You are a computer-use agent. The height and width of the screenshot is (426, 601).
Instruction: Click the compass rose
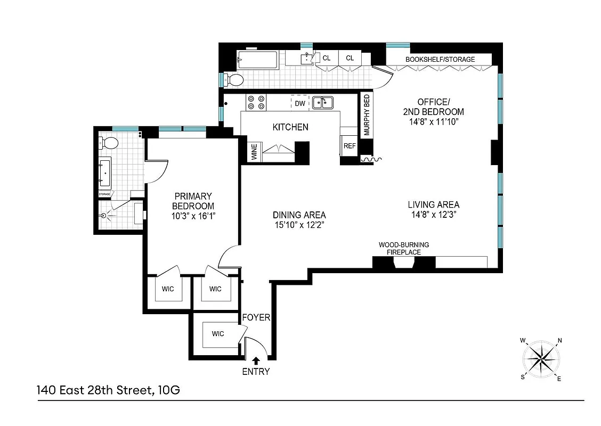541,359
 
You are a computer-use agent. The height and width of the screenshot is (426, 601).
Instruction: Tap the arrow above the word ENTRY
257,361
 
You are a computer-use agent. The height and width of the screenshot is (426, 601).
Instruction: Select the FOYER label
256,318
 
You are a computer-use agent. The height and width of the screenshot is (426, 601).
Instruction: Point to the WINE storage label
254,152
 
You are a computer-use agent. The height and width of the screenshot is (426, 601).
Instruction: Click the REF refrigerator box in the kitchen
350,146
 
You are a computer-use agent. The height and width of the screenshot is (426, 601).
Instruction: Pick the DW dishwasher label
300,103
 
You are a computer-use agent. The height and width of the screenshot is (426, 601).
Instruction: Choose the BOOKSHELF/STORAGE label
440,59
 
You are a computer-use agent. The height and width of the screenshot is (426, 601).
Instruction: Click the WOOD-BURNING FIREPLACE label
403,248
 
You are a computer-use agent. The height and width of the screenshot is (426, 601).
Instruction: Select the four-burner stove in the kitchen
255,102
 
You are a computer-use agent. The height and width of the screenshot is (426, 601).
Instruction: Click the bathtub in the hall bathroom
256,60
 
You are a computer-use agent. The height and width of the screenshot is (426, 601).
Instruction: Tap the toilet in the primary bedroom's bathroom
109,143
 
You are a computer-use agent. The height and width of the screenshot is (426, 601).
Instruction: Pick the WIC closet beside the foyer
217,334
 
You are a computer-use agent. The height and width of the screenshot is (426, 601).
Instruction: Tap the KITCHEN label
290,127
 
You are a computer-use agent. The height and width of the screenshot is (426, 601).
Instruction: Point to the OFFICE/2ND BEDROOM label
433,107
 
